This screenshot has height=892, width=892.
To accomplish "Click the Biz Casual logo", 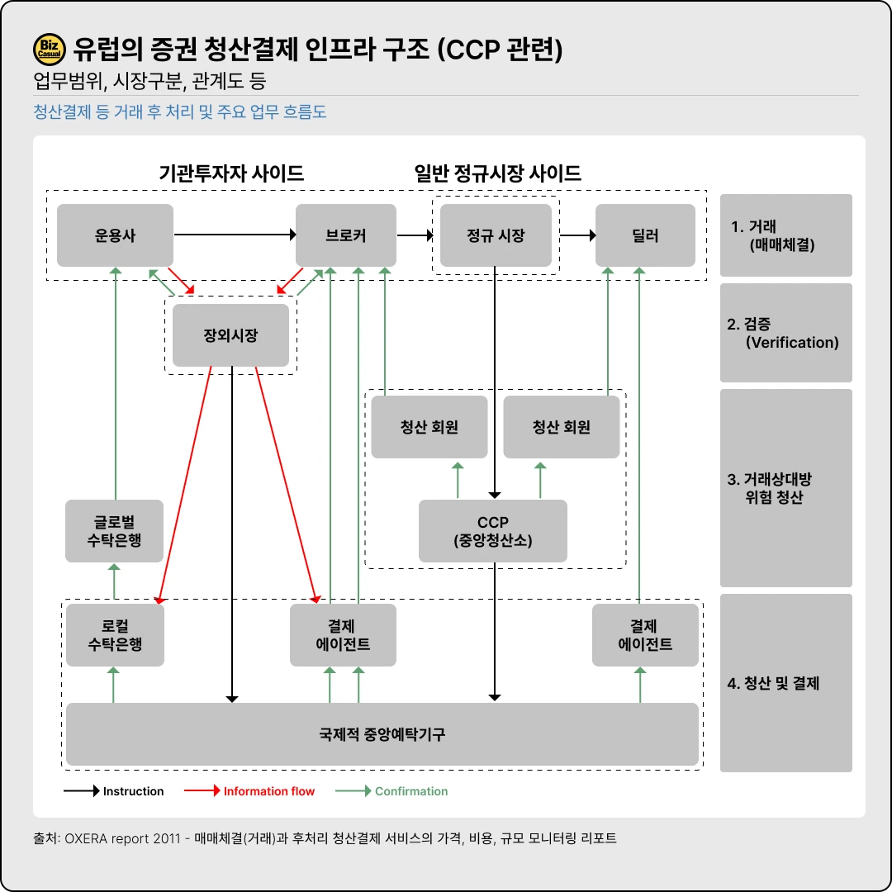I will pos(50,50).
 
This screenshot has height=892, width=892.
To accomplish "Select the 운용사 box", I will pos(115,235).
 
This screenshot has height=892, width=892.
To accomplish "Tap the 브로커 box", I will pos(346,235).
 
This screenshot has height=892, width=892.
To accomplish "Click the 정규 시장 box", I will pos(496,235).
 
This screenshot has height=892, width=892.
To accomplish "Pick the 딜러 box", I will pos(645,235).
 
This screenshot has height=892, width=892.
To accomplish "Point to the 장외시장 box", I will pos(230,335).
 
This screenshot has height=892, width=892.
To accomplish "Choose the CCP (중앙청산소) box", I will pos(493,531).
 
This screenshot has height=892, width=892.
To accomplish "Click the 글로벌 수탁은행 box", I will pos(115,531).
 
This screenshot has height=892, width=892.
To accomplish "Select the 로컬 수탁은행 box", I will pos(115,635).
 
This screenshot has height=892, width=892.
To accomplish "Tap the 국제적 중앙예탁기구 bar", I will pos(382,734).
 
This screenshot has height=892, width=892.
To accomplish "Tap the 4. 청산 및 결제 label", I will pos(773,683).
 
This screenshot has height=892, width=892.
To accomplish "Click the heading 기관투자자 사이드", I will pos(231,173).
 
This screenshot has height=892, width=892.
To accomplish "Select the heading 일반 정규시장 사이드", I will pos(498,173).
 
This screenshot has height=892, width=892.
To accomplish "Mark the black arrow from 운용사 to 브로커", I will pos(235,235).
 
